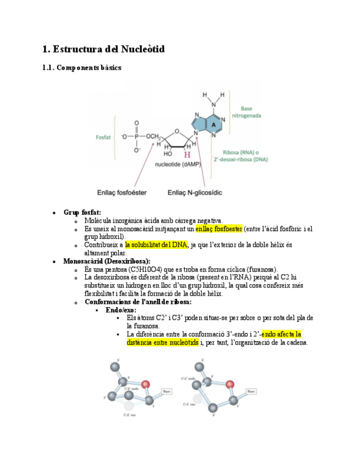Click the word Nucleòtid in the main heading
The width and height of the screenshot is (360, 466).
point(139,49)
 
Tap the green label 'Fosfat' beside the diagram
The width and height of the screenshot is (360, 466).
point(103,132)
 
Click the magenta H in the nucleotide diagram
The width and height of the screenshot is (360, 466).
point(187,155)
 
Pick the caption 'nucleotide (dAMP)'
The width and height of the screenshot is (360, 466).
point(176,164)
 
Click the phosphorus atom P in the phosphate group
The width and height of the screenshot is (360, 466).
point(136,135)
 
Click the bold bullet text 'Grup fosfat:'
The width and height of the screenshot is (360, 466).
point(82,212)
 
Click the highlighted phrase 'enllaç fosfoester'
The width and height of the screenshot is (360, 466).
point(219,228)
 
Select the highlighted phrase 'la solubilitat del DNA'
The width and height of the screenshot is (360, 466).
point(156,245)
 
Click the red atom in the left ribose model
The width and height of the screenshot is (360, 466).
point(145,384)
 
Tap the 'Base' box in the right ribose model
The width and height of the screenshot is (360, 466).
point(251,391)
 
